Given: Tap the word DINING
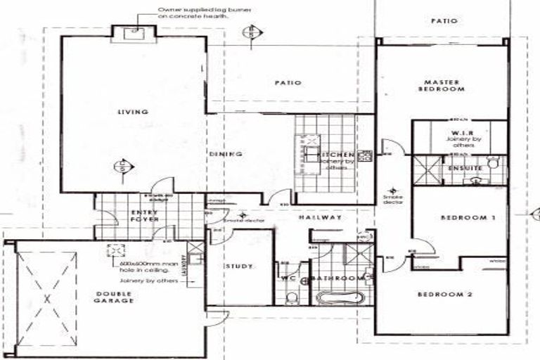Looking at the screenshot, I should [226, 153].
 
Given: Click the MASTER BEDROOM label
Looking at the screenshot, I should [441, 86].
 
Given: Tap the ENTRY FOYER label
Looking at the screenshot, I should [143, 214].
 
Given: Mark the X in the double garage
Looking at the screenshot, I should [47, 298].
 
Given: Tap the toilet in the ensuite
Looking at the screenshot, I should [494, 164].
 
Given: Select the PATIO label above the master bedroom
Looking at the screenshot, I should [444, 21].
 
